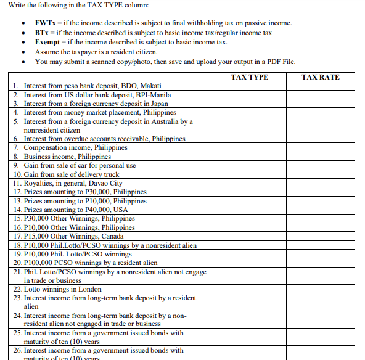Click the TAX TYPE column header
[249, 77]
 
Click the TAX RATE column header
[321, 77]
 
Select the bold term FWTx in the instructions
[46, 23]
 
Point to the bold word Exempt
[47, 41]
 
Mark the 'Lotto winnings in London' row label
[62, 289]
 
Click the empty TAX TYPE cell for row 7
[249, 148]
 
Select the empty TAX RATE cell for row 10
[321, 174]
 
